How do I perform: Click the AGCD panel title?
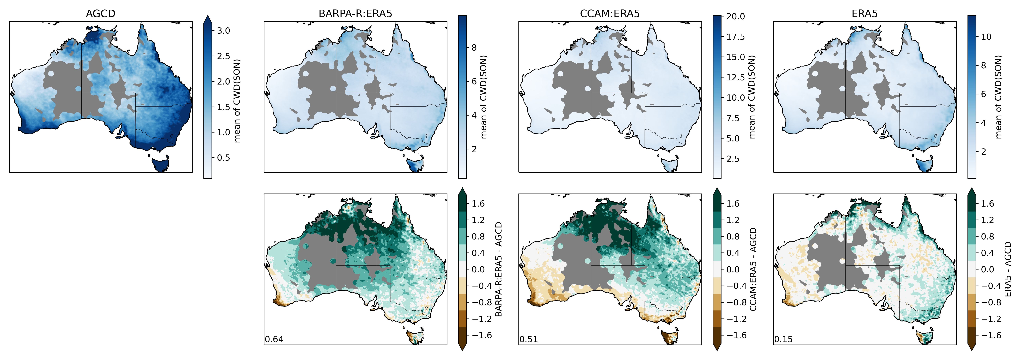point(101,14)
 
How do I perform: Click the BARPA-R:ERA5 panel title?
point(355,14)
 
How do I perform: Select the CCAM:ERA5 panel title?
point(610,14)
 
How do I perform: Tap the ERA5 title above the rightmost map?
point(864,14)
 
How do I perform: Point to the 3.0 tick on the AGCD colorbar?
point(223,31)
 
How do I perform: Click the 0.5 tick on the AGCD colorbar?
point(223,158)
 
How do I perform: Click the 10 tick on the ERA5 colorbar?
point(986,37)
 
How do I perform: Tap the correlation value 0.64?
point(274,339)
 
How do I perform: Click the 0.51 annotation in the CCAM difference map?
point(529,339)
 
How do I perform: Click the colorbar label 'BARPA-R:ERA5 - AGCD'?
point(498,269)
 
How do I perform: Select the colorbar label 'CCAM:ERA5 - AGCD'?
point(753,269)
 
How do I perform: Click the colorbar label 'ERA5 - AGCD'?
point(1008,269)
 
